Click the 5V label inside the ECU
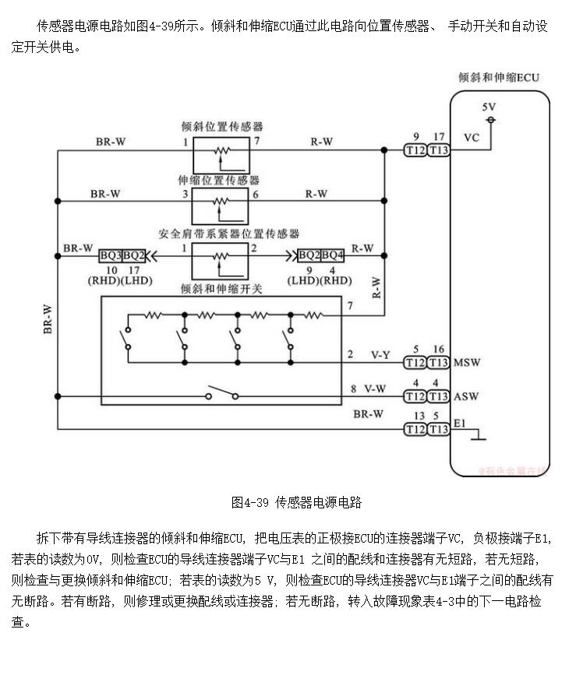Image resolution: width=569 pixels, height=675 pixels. point(489,107)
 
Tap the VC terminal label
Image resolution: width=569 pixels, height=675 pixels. point(472,138)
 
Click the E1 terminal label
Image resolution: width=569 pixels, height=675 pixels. point(460,424)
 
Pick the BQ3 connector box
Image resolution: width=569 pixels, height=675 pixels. point(111,255)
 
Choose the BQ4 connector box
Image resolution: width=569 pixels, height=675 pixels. point(333,255)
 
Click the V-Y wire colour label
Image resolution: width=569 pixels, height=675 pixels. point(380,355)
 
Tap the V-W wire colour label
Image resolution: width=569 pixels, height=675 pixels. point(375,389)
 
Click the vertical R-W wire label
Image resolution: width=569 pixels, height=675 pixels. point(376,287)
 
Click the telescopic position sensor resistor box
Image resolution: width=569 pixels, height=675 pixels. point(221,205)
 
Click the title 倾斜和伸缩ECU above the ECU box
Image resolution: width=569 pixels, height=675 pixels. point(499,78)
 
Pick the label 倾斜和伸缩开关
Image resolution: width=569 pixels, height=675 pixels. point(221,288)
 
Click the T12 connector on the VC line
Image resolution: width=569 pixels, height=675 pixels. point(415,150)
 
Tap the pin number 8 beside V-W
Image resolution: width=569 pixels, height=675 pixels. point(353,388)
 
